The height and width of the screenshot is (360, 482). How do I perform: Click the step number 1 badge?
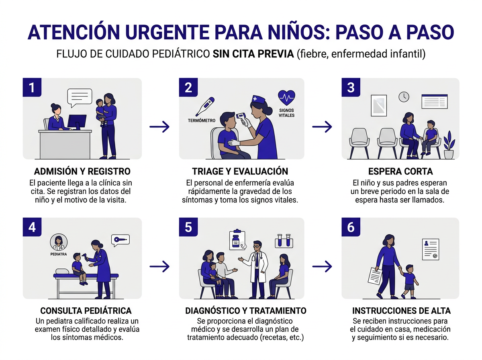point(32,88)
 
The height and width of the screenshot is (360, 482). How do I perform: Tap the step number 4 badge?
point(32,227)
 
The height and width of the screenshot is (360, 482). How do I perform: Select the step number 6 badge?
point(351,227)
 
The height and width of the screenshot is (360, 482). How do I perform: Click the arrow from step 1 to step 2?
point(159,127)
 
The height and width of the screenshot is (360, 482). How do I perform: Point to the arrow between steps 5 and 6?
point(322,266)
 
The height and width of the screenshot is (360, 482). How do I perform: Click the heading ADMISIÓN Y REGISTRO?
point(82,172)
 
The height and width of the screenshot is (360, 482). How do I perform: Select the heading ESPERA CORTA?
point(400,172)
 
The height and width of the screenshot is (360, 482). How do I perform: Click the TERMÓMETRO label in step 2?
point(202,121)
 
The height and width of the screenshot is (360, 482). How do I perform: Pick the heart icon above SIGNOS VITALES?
point(286,97)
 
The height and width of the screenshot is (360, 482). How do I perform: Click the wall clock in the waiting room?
point(404,96)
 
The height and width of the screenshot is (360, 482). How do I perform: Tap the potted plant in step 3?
point(449,145)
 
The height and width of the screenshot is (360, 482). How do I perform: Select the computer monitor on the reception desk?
point(77,122)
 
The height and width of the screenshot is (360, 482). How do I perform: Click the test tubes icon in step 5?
point(284,240)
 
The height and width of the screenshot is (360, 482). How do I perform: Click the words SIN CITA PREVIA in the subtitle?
point(253,54)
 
